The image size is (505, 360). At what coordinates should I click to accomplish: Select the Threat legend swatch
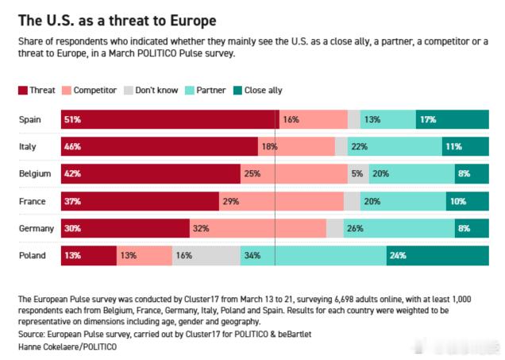(23, 91)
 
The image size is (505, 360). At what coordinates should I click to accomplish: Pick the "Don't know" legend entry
(151, 91)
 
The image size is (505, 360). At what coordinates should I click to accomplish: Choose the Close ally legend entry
(255, 91)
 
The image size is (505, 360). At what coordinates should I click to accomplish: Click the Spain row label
(30, 119)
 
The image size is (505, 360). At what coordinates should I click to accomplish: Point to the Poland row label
(33, 255)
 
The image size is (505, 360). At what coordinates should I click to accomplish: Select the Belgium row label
(35, 173)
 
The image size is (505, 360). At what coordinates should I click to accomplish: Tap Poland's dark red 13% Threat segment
(88, 255)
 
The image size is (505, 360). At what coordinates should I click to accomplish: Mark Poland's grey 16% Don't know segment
(206, 255)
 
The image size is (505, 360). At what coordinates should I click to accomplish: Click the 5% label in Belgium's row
(357, 174)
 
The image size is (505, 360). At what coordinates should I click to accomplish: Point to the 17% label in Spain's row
(428, 120)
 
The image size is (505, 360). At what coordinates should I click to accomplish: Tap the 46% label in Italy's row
(73, 147)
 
